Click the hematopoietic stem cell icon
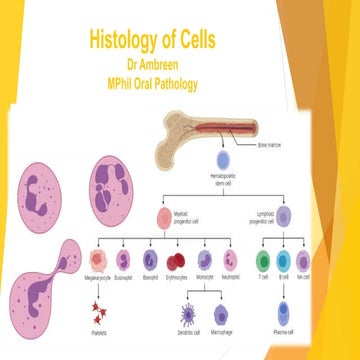click(224, 157)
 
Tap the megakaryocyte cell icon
click(101, 261)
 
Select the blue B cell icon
click(284, 261)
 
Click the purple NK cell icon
click(308, 261)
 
